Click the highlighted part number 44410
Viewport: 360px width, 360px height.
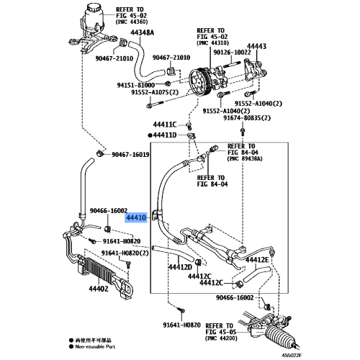tap(137, 217)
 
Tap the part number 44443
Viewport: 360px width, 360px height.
tap(256, 46)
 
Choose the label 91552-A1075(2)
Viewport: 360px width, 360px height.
tap(155, 92)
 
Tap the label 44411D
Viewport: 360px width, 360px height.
tap(168, 135)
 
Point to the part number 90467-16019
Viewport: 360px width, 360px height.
tap(130, 155)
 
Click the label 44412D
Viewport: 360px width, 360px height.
tap(180, 267)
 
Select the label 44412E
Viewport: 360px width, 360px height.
tap(257, 259)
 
